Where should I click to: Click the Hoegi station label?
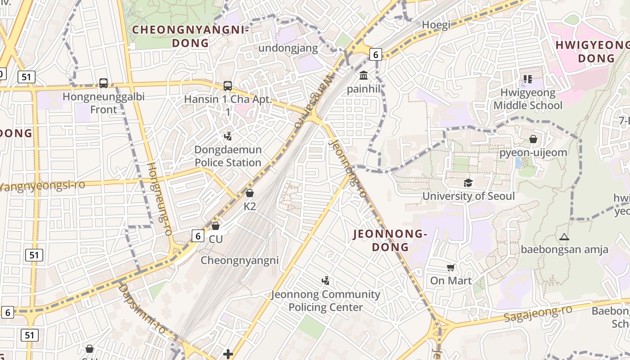point(436,25)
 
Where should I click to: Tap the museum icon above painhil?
point(364,75)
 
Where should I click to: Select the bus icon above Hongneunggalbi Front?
point(103,83)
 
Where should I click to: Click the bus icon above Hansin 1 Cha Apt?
point(228,85)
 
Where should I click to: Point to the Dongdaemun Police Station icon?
point(228,136)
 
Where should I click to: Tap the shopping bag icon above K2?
point(250,193)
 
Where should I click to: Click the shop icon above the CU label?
point(216,225)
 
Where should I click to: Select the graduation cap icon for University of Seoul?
point(468,183)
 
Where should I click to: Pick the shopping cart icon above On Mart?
point(451,268)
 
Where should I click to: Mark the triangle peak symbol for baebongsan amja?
point(564,237)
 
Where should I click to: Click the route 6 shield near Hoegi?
point(376,55)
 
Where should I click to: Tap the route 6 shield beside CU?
point(198,235)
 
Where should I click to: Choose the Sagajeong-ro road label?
point(538,313)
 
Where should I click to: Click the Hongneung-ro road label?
point(160,198)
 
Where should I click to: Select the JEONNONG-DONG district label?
point(390,240)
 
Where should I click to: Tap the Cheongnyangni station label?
point(239,261)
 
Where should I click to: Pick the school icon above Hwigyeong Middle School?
point(527,80)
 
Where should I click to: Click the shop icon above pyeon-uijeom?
point(533,139)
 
